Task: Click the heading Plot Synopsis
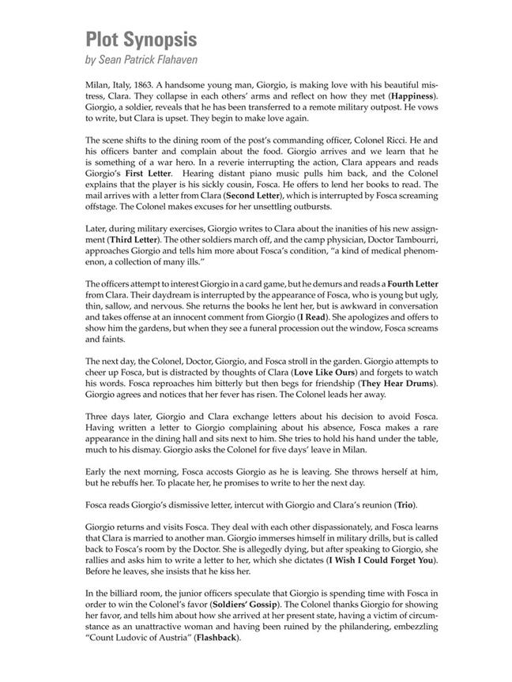141,40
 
